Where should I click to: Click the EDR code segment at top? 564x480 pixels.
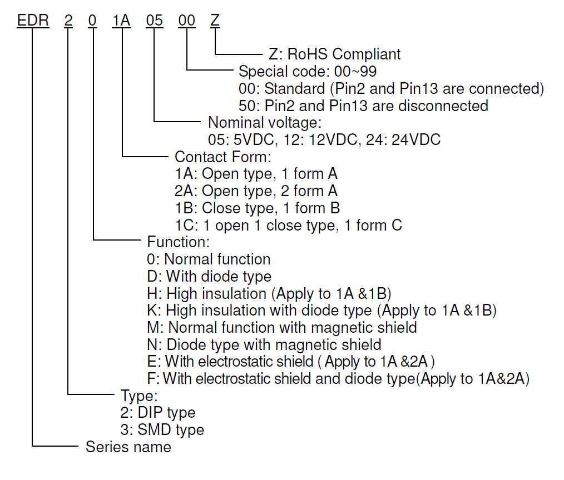tap(33, 20)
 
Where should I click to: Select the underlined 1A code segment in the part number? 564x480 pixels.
tap(121, 20)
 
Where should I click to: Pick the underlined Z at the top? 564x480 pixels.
tap(215, 20)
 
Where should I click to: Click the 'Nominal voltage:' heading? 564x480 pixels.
tap(265, 122)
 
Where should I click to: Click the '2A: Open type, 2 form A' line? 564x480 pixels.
tap(256, 191)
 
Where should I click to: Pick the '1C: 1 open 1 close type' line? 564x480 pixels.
tap(288, 225)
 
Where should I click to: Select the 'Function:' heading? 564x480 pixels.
tap(178, 242)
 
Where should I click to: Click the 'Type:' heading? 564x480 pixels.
tap(140, 396)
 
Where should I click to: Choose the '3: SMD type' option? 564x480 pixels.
tap(162, 430)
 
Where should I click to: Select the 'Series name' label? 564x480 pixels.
tap(128, 447)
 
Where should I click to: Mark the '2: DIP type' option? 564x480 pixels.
tap(158, 413)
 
